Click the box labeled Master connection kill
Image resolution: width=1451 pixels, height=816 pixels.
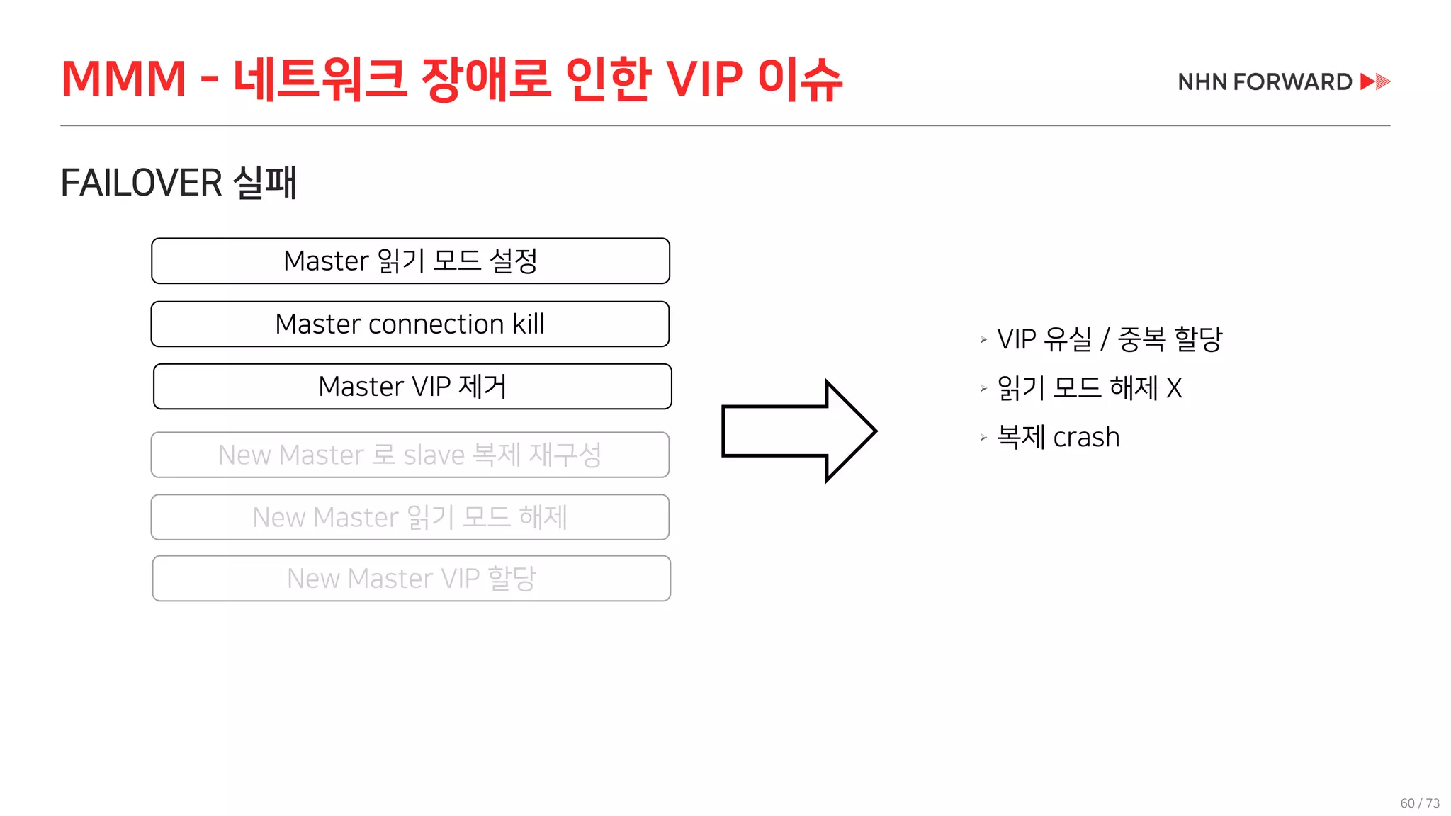410,324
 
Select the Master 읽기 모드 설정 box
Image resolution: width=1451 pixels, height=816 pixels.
410,261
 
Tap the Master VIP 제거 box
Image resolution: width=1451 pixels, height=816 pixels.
412,387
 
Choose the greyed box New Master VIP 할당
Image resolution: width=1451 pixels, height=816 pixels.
411,579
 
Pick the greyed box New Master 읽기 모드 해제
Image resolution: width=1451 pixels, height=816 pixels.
410,518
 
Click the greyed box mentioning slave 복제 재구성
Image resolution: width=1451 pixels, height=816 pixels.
410,455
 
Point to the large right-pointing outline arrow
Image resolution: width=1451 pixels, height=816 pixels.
798,431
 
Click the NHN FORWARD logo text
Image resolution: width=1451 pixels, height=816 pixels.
1265,82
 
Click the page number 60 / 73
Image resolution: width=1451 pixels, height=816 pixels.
1420,803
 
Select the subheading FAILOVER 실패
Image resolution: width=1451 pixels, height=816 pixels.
179,183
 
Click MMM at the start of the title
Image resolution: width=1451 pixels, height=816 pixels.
124,78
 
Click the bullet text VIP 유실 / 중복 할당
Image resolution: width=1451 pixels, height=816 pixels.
1109,339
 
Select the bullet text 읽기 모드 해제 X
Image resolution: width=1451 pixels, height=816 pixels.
1089,388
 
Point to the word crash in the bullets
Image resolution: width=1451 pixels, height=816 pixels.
1086,438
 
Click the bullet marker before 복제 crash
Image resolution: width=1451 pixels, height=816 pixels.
983,438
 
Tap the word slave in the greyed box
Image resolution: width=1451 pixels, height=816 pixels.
434,455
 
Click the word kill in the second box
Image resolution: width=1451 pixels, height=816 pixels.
529,324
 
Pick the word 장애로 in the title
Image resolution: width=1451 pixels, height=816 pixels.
486,78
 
